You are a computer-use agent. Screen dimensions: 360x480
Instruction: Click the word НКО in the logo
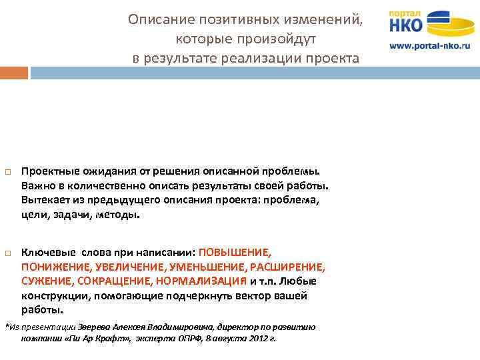tap(406, 26)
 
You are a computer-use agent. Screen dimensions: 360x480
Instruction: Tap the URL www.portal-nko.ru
tap(429, 46)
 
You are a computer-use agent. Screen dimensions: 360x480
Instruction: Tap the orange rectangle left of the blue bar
tap(14, 72)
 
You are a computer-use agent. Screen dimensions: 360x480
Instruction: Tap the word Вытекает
tap(45, 200)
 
